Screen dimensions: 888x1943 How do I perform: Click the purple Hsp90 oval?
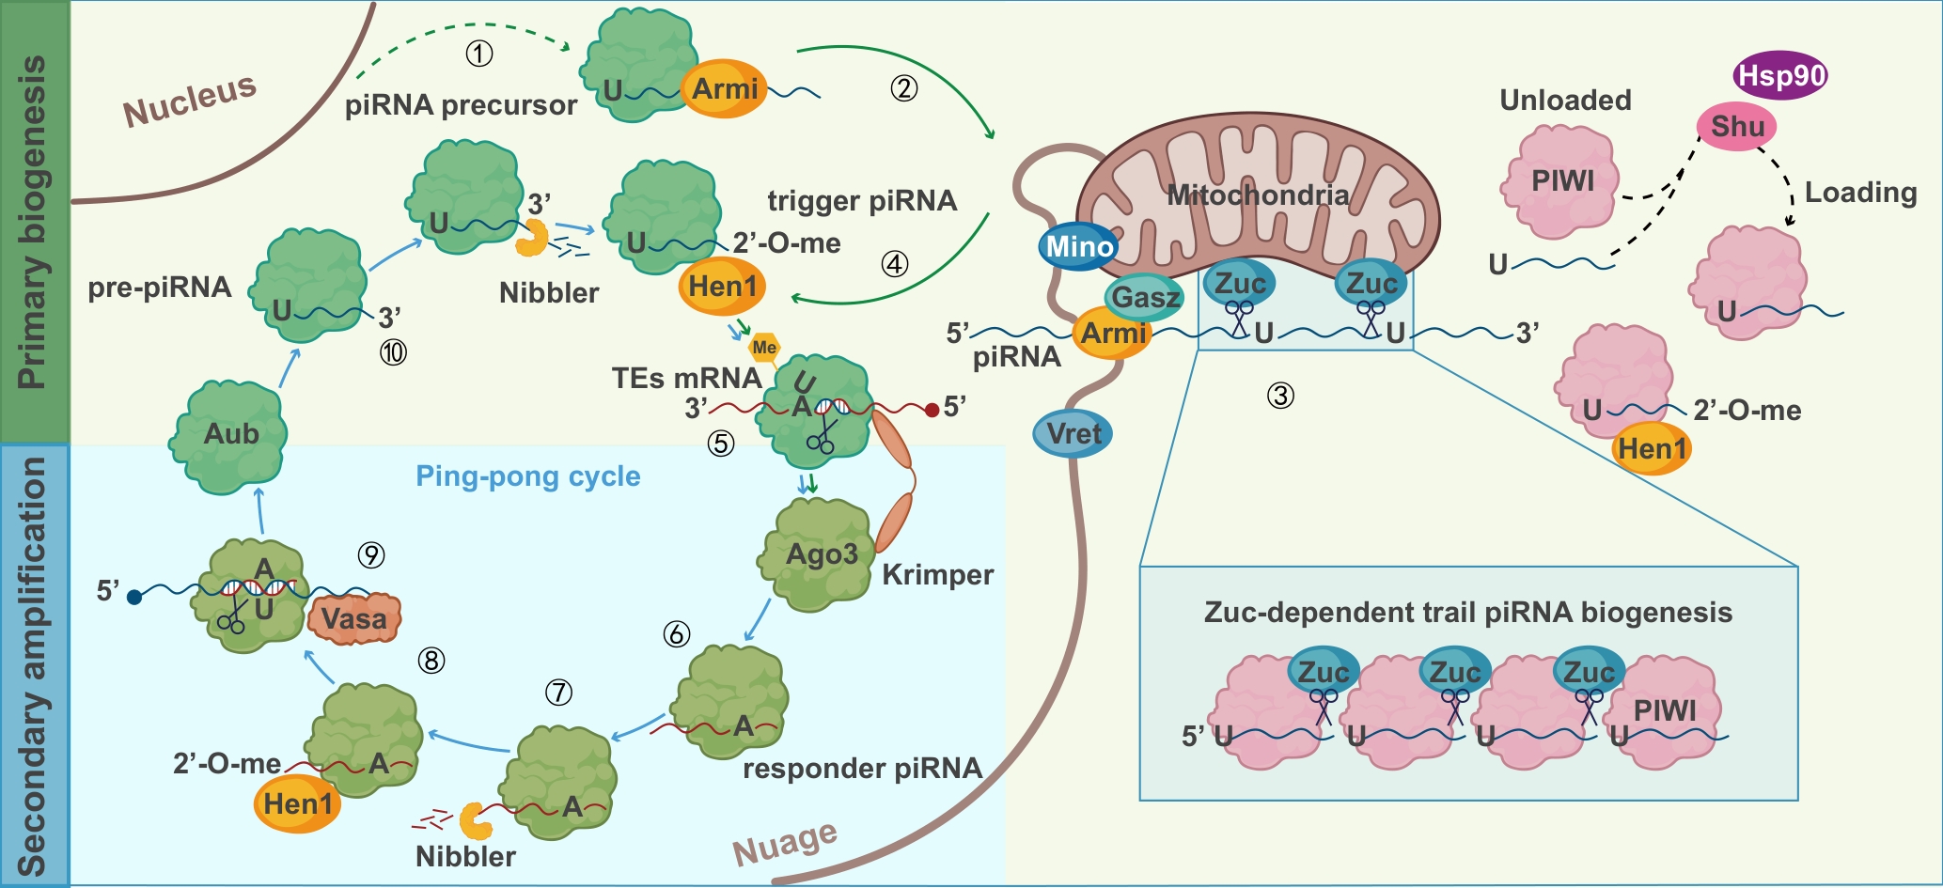[x=1780, y=76]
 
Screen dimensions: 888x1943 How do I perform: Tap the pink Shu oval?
[x=1736, y=126]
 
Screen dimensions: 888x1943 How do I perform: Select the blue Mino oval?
[x=1079, y=247]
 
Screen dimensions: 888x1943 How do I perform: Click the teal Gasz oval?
[x=1144, y=297]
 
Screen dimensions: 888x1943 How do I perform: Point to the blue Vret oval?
[x=1073, y=434]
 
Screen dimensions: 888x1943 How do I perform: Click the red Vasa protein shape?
[x=353, y=618]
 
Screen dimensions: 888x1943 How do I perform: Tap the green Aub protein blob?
[x=228, y=435]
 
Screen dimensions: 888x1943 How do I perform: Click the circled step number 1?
[x=479, y=54]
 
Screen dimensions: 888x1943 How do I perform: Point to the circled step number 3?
[x=1280, y=396]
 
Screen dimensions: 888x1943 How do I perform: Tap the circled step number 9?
[x=371, y=555]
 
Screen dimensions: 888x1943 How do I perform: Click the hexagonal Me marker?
[x=764, y=348]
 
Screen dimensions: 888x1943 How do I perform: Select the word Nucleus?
[x=190, y=100]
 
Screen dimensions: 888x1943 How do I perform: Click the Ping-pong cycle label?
[x=527, y=476]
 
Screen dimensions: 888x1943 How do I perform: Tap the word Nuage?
[x=785, y=842]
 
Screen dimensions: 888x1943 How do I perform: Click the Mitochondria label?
[x=1258, y=195]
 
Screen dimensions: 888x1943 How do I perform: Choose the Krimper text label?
[x=937, y=574]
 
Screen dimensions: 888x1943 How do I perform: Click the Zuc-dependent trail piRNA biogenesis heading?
[x=1467, y=613]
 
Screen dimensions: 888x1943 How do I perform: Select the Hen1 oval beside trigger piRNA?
[x=721, y=286]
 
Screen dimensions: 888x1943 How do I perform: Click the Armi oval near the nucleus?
[x=724, y=89]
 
